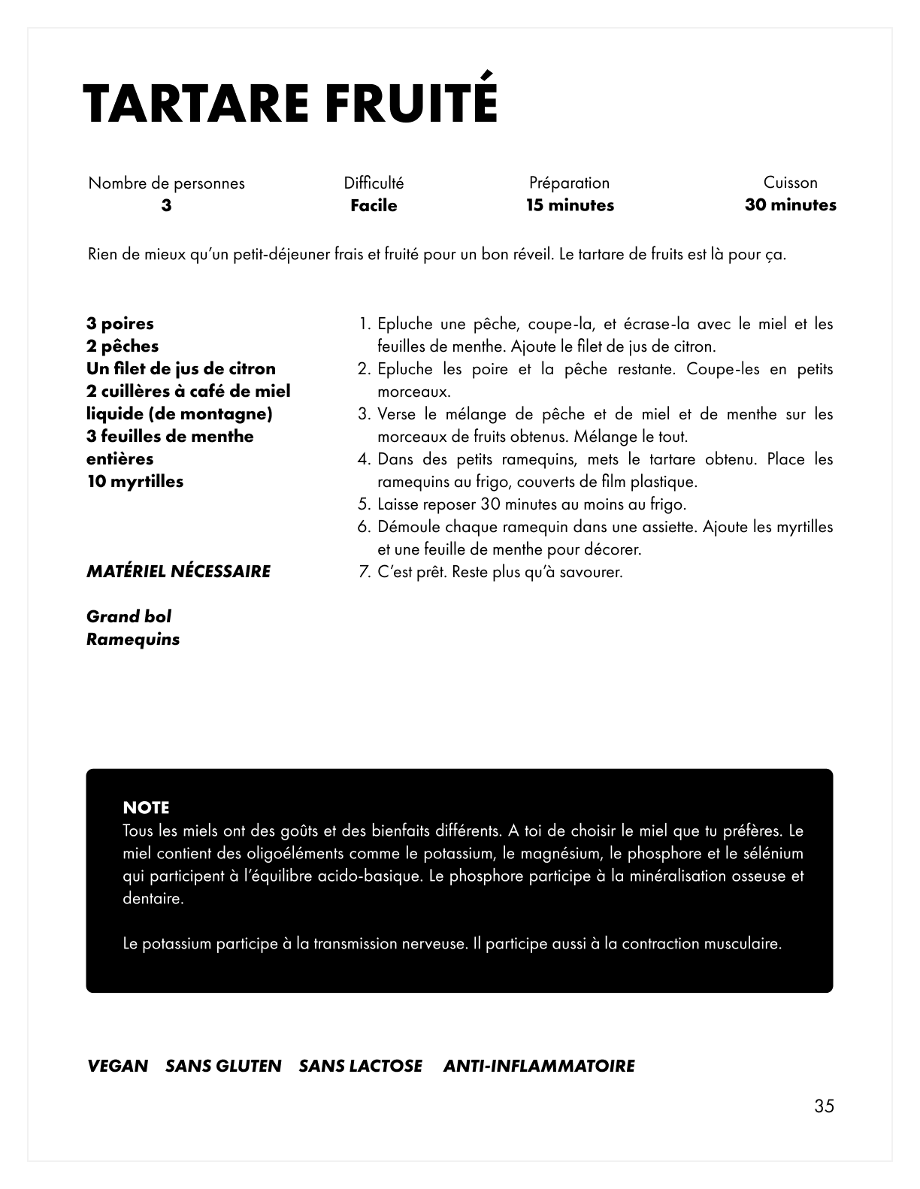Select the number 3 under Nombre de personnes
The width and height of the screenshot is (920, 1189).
coord(166,206)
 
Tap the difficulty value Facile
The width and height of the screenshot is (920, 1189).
coord(374,206)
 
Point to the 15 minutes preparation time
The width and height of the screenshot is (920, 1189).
coord(570,205)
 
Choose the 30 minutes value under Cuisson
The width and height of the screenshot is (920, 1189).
coord(790,205)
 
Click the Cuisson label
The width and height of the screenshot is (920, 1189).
coord(790,183)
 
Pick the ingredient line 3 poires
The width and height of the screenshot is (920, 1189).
coord(120,324)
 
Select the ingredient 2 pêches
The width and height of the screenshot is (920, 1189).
coord(123,346)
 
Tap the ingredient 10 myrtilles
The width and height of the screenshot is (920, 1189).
coord(135,482)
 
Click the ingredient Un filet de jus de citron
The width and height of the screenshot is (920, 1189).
coord(181,369)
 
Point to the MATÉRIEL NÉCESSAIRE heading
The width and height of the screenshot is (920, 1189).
coord(179,571)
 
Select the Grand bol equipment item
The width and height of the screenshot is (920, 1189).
coord(129,617)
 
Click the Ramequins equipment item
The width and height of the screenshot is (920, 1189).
coord(133,640)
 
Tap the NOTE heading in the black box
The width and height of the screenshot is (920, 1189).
coord(146,808)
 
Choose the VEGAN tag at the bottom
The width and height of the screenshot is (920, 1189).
coord(118,1066)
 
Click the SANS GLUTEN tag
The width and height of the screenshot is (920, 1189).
coord(223,1066)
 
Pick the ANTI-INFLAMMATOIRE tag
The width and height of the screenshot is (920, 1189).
coord(539,1066)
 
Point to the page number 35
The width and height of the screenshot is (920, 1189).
coord(823,1106)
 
